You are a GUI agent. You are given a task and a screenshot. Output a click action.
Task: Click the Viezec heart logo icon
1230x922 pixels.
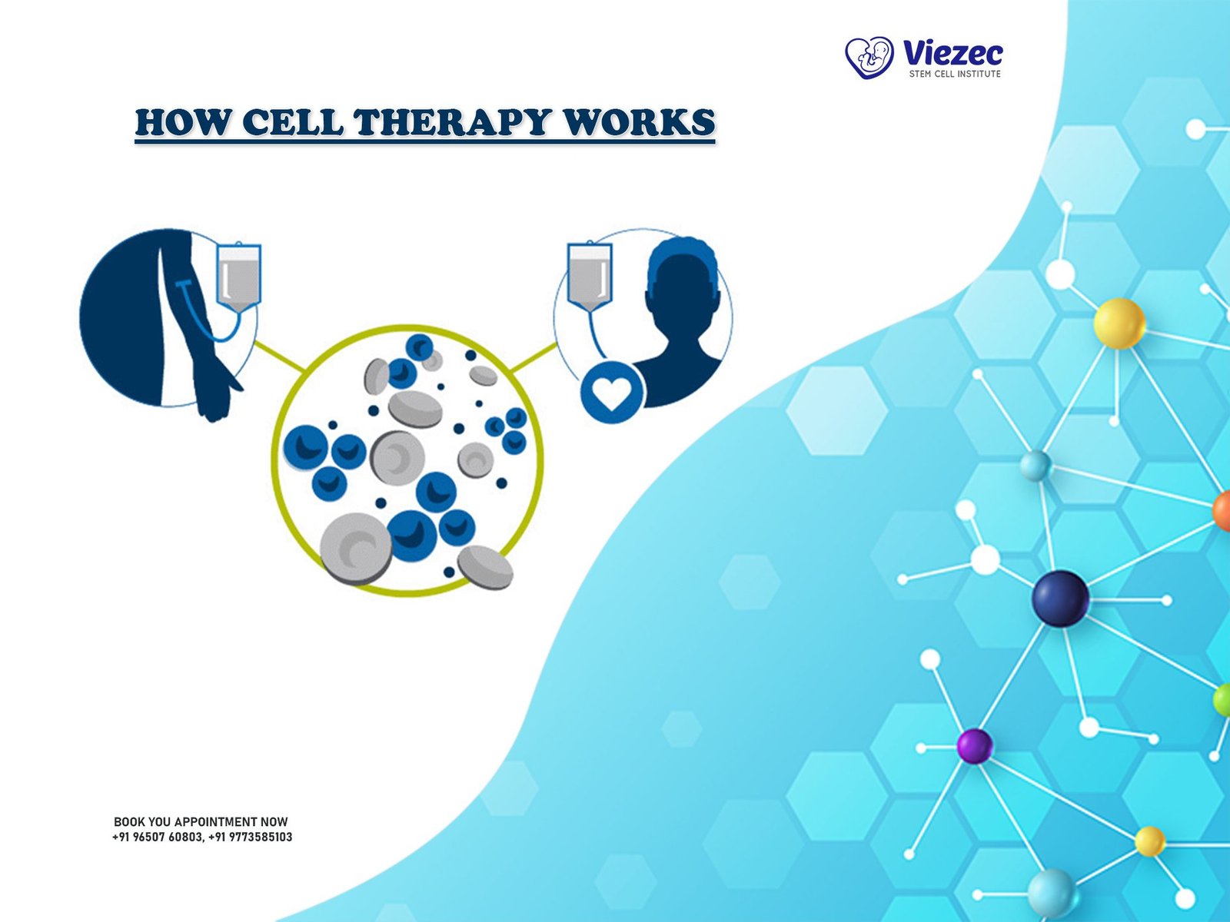869,58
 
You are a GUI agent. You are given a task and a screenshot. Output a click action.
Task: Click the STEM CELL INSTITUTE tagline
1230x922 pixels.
954,74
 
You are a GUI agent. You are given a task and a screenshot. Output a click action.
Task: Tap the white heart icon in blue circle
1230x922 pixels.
612,392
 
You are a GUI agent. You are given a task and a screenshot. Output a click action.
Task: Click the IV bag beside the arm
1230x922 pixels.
239,277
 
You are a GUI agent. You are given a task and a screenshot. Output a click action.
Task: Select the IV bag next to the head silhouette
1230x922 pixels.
590,276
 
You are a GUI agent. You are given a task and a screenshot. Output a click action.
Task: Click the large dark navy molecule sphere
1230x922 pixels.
1060,599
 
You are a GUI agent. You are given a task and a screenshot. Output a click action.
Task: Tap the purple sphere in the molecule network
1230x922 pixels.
975,746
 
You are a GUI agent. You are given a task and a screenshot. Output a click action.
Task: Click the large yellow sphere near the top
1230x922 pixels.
1119,323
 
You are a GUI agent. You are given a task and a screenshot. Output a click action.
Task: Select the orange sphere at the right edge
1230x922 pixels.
1222,510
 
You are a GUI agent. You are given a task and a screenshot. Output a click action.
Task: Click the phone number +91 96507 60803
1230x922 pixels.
157,837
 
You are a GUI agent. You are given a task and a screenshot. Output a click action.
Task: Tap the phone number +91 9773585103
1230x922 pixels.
250,837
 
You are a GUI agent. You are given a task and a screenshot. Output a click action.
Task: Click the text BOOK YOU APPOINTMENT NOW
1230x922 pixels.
201,822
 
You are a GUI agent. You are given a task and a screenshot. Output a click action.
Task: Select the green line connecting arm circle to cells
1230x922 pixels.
280,356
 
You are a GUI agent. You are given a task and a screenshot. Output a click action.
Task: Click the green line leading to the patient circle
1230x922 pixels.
534,357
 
